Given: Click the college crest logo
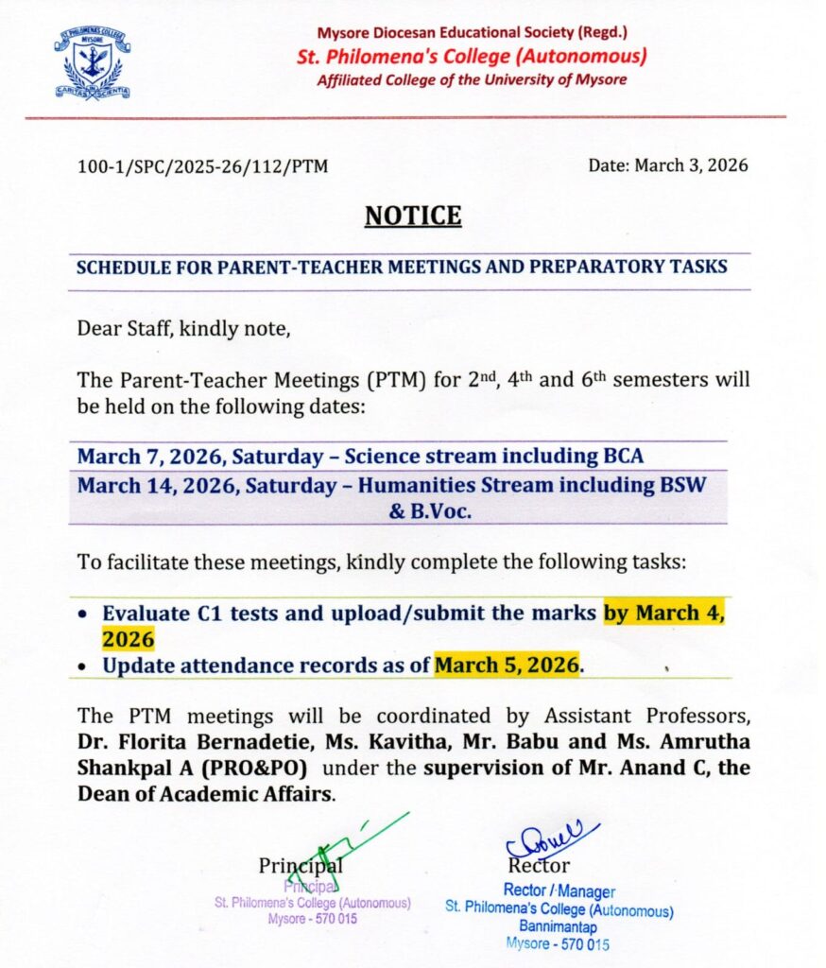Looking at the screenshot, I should pyautogui.click(x=92, y=63).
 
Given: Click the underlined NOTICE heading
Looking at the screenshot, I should pyautogui.click(x=413, y=216).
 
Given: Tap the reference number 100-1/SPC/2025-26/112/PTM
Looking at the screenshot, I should pyautogui.click(x=202, y=166).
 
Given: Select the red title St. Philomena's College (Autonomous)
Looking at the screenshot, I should pyautogui.click(x=472, y=56).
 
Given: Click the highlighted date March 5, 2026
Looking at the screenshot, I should pyautogui.click(x=507, y=665).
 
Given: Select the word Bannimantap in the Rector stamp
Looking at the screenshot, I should pyautogui.click(x=558, y=927).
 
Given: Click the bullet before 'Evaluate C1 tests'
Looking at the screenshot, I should pyautogui.click(x=85, y=614).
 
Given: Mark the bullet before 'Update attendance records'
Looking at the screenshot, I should pyautogui.click(x=85, y=666).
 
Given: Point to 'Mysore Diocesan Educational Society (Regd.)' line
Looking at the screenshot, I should pyautogui.click(x=472, y=33).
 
